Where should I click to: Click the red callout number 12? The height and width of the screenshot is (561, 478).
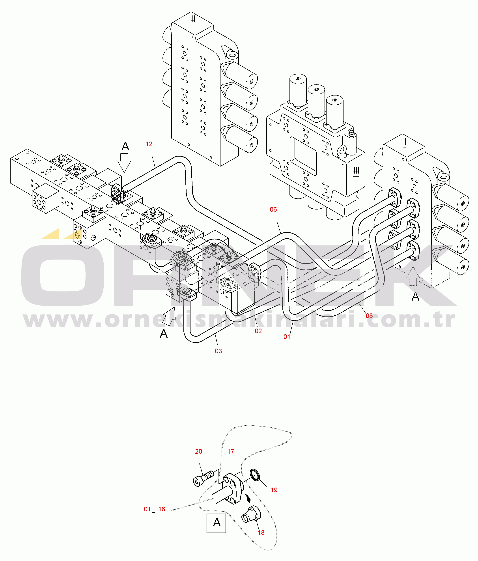coord(149,144)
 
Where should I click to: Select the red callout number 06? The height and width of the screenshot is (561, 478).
coord(273,209)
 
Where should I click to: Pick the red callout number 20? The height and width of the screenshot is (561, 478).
coord(198,451)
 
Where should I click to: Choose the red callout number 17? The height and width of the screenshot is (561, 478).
coord(230,451)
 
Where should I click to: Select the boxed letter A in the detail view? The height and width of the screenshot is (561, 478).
coord(216,523)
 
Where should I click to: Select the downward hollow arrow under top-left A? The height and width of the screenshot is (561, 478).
coord(124,163)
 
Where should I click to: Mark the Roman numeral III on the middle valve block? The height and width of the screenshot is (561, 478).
coord(356,171)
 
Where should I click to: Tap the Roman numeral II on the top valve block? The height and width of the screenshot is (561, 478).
coord(193,20)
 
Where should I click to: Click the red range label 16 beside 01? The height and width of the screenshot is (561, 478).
coord(162,509)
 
